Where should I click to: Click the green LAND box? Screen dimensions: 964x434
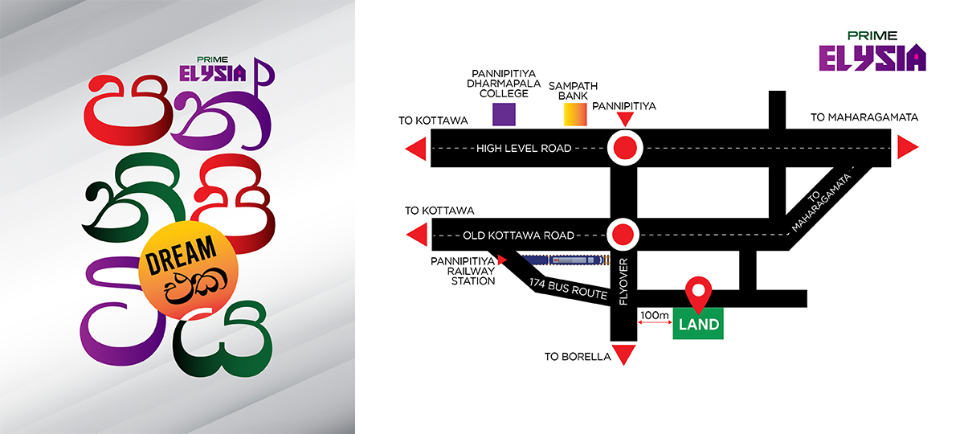coord(698,323)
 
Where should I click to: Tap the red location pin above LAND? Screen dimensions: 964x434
coord(698,293)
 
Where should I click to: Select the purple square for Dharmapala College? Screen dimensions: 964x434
coord(504,114)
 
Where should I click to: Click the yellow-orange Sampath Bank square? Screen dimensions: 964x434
coord(575,114)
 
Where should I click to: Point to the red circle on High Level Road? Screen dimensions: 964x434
coord(625,148)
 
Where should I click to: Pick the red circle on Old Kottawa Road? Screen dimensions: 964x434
coord(623,235)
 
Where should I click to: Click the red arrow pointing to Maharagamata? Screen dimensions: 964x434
coord(908,147)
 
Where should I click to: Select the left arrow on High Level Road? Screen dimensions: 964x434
coord(416,149)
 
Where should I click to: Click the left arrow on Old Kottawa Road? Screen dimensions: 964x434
coord(417,235)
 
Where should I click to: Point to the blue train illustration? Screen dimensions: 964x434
coord(565,260)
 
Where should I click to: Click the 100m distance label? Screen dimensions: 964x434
coord(654,315)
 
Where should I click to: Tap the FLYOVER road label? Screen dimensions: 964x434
coord(623,281)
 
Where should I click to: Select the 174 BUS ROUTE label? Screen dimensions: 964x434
coord(568,289)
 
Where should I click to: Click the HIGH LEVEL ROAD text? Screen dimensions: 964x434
coord(524,148)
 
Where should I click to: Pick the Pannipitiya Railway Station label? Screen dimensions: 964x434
coord(463,272)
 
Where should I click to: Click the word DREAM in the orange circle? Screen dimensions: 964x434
coord(181,255)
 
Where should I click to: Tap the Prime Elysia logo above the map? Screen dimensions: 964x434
coord(872,51)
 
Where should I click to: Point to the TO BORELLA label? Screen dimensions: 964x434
coord(578,357)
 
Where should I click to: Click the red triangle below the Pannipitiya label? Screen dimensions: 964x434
coord(625,119)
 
